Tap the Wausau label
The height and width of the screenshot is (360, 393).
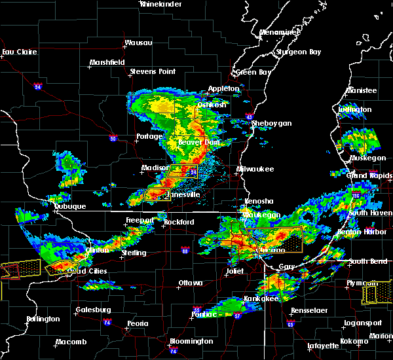pos(138,44)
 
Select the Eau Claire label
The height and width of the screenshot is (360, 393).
pos(17,52)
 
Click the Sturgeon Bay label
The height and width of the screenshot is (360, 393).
pos(301,52)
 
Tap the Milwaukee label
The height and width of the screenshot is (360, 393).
pos(255,169)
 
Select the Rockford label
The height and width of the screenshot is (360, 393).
pos(179,223)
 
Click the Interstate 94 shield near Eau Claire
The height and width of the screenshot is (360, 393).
pos(38,86)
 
